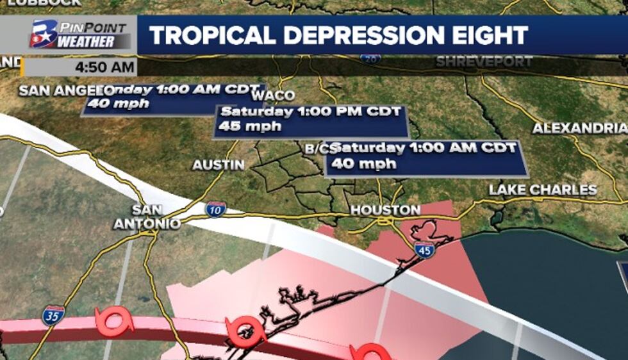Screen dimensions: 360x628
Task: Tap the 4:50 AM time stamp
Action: point(104,67)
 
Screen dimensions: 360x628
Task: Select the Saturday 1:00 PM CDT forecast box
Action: point(311,119)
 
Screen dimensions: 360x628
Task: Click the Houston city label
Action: point(385,210)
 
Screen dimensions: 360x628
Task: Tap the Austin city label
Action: point(219,165)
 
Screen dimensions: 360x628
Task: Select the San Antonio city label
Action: point(147,217)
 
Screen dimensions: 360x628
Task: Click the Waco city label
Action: point(274,95)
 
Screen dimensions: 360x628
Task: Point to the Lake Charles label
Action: point(543,190)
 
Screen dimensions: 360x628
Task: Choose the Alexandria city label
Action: point(579,128)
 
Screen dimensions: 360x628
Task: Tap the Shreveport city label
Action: point(484,62)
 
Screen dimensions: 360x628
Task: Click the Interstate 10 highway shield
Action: point(215,209)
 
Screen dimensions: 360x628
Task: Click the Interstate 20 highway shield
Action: point(370,59)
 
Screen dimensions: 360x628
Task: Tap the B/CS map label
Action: point(318,149)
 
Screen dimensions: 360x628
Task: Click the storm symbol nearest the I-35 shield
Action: point(113,320)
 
